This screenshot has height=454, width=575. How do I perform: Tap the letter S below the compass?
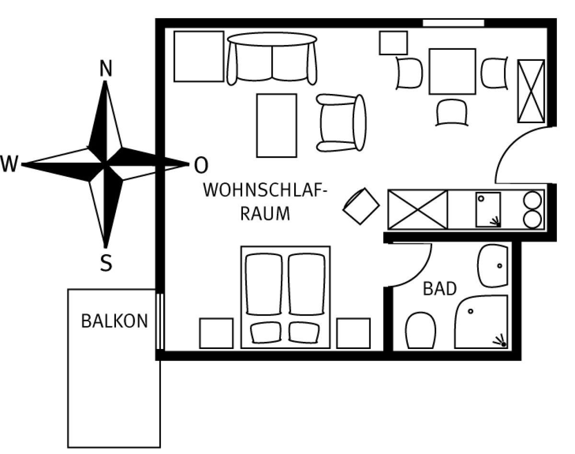[x=106, y=263]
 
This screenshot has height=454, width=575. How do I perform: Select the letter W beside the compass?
[x=9, y=165]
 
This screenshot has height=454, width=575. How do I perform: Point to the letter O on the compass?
[x=201, y=166]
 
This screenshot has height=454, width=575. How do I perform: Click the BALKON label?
[x=115, y=321]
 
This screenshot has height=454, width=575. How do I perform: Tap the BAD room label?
[x=440, y=289]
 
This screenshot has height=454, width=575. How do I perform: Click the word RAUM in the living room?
[x=265, y=213]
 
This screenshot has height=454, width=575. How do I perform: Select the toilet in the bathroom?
[x=420, y=331]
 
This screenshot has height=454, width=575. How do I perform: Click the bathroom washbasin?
[x=492, y=266]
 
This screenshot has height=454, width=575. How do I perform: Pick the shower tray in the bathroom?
[x=481, y=322]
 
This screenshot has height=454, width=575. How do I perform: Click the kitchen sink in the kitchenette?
[x=488, y=210]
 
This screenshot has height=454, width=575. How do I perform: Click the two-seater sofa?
[x=272, y=58]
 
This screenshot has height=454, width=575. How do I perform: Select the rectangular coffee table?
[x=276, y=126]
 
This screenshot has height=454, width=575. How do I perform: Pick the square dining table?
[x=452, y=71]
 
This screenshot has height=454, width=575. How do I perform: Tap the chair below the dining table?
[x=452, y=113]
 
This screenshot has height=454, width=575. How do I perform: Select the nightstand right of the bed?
[x=353, y=333]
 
